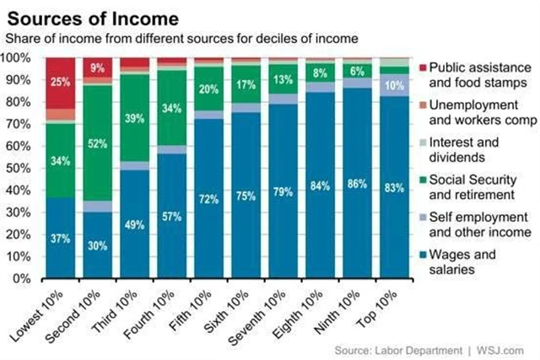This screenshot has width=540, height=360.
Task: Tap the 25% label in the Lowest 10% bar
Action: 60,82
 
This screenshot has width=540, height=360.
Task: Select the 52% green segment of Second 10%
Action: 97,143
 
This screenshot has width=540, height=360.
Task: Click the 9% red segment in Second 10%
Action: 97,68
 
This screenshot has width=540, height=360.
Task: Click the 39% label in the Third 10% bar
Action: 134,120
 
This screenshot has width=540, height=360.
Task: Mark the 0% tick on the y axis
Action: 23,278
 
